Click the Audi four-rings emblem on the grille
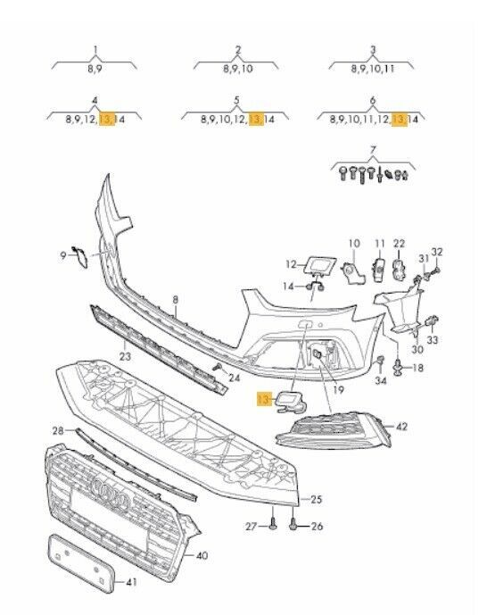pos(110,494)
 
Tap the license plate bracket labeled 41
pos(81,563)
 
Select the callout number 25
pos(316,499)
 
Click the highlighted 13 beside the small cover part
pos(264,400)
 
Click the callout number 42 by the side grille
pos(401,427)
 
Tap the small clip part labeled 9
pos(80,256)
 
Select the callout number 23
pos(125,356)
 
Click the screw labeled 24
pos(217,367)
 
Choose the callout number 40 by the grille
pos(202,555)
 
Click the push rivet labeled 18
pos(398,369)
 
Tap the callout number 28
pos(58,430)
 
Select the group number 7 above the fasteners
pos(373,149)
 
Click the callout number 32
pos(436,252)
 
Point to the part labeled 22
pos(400,270)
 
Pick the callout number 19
pos(339,389)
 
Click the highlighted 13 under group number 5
pos(256,119)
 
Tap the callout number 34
pos(381,380)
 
